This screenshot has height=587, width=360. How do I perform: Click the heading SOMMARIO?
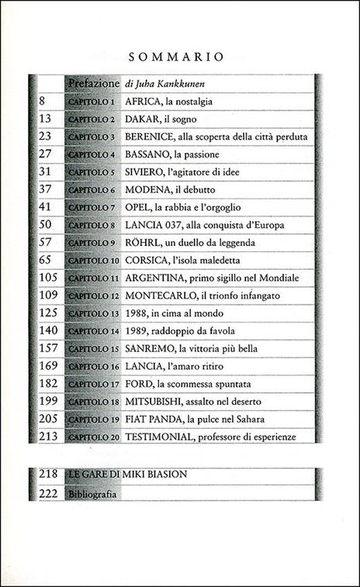tap(179, 57)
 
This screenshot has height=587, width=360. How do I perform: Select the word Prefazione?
tap(93, 82)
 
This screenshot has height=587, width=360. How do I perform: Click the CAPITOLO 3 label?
tap(92, 136)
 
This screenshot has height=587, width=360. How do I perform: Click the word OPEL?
tap(139, 207)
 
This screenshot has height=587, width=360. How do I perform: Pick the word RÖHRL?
tap(143, 243)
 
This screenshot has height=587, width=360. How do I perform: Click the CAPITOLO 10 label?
tap(93, 260)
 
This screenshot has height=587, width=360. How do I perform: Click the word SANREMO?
tap(153, 348)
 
